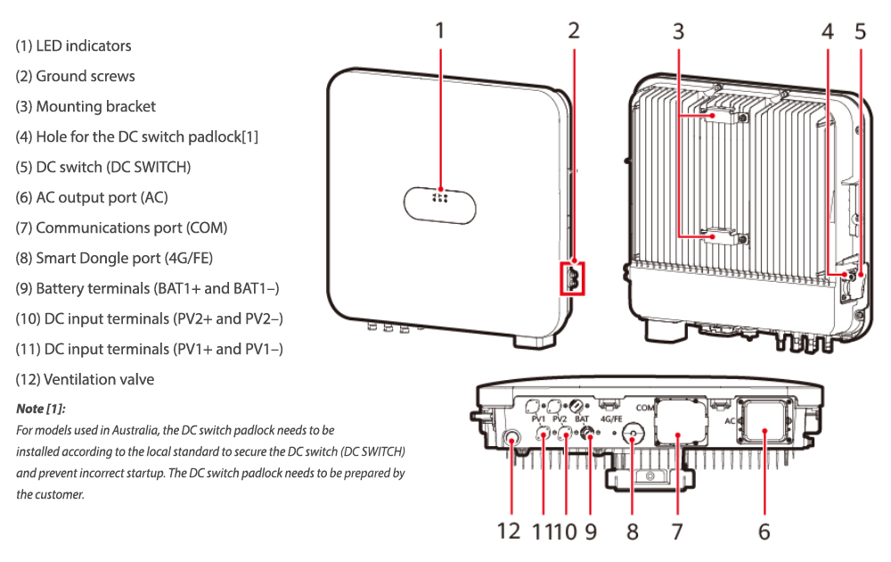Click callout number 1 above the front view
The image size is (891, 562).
click(440, 30)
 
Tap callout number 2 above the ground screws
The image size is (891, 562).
click(574, 30)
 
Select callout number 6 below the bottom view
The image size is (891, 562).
click(764, 532)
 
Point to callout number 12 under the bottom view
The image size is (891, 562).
click(509, 532)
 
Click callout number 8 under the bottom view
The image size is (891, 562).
click(633, 532)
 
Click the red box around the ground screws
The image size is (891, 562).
click(572, 278)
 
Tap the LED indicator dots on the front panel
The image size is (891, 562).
click(440, 197)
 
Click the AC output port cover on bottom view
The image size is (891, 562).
click(764, 420)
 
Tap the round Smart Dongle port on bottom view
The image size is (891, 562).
click(632, 434)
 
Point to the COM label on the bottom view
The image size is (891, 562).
click(645, 408)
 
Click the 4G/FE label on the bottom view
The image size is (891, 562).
click(611, 419)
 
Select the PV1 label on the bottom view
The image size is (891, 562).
click(538, 419)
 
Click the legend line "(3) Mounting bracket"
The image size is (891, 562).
click(86, 106)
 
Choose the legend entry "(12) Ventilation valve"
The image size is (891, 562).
click(85, 379)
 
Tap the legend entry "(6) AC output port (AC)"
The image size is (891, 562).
click(92, 197)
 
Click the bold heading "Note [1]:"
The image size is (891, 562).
click(40, 409)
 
